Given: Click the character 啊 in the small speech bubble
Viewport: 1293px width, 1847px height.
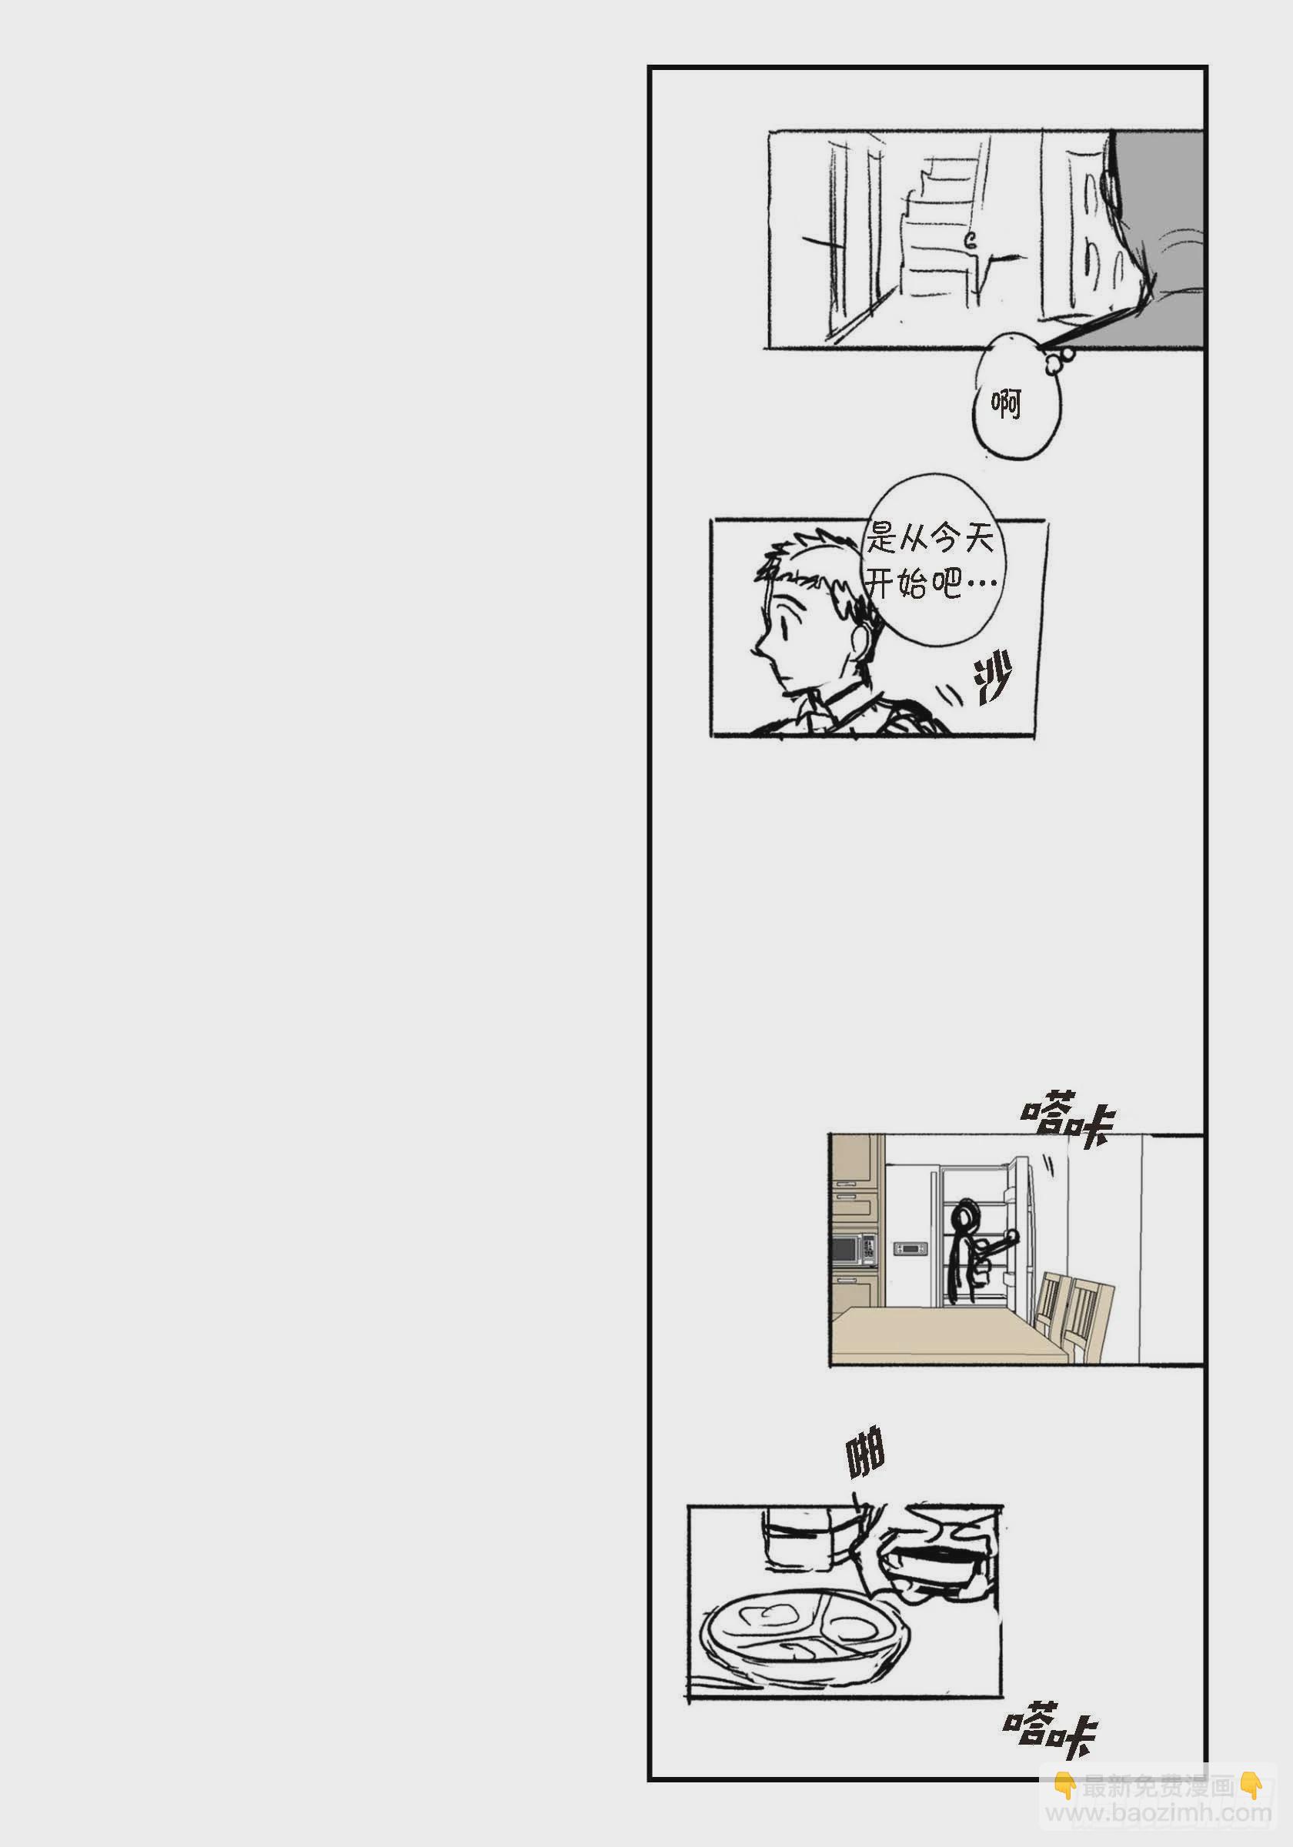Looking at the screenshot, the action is click(x=1007, y=402).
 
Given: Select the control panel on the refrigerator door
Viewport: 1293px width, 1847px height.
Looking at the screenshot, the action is click(x=910, y=1248).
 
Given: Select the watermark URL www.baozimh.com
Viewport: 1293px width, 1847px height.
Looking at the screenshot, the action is click(x=1158, y=1813).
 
